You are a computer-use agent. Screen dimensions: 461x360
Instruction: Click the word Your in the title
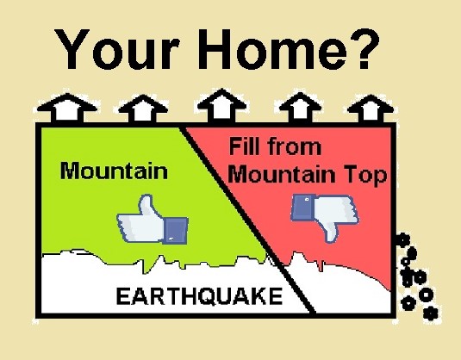coord(116,48)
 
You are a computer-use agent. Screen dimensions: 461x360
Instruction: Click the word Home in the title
coord(272,48)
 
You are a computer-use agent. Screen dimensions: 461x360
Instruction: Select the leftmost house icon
coord(67,108)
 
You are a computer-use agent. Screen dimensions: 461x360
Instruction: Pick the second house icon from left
coord(143,109)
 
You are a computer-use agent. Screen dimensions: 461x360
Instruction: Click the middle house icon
coord(222,106)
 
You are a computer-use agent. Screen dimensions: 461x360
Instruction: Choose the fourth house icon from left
coord(300,108)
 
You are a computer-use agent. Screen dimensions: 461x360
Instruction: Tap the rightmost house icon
coord(371,109)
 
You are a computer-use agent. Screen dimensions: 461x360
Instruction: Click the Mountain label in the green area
coord(114,171)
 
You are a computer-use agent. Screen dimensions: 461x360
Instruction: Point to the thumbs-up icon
coord(153,220)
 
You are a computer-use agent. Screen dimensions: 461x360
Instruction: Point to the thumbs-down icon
coord(325,218)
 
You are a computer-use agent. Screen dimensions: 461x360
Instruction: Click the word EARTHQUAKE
coord(199,296)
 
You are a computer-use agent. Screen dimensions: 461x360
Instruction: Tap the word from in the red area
coord(295,146)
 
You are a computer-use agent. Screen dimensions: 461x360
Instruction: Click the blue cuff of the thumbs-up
coord(176,231)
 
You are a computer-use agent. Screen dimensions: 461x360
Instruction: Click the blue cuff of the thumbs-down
coord(302,208)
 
